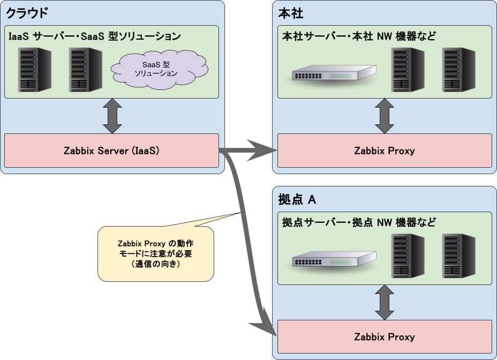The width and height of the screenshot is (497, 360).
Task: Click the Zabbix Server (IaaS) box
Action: [x=111, y=151]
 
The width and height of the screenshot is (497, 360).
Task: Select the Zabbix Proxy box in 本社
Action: [x=385, y=151]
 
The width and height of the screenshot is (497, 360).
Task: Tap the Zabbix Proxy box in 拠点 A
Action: [x=385, y=337]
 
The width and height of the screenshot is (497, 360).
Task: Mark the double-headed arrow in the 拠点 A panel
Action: [x=385, y=303]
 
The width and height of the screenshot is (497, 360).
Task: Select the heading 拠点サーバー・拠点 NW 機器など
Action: [x=359, y=222]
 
